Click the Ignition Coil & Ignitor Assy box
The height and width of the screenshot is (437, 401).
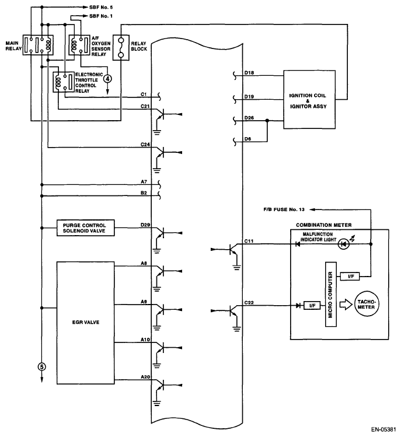pos(309,100)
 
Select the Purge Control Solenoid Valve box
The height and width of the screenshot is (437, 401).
pos(86,228)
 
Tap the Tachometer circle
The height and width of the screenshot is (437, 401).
pos(366,305)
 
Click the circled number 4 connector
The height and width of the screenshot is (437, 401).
pos(107,79)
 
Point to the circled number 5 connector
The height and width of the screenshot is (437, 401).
pos(42,367)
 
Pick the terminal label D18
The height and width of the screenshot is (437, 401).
pos(249,73)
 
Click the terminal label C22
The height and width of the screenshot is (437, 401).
pos(249,303)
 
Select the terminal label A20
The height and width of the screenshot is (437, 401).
pos(145,377)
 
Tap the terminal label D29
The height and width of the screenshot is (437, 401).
pos(145,225)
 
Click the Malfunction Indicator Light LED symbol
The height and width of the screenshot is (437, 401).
pos(344,244)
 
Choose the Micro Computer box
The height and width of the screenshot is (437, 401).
pos(331,294)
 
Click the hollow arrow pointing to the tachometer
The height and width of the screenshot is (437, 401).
pos(346,305)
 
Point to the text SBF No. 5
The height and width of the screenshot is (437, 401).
pos(101,7)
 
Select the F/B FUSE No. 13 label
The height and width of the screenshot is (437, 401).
pos(284,209)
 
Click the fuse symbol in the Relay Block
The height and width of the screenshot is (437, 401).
pos(121,47)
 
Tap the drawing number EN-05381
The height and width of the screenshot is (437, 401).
pos(383,429)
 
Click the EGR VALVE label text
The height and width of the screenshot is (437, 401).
pos(86,322)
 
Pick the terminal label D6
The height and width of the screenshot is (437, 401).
pos(248,139)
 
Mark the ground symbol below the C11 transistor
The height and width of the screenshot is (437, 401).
pos(237,268)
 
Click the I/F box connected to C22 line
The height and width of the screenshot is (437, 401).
pos(312,306)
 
